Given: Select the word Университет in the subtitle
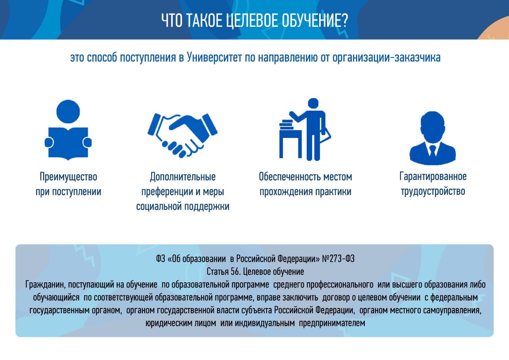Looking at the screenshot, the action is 214,57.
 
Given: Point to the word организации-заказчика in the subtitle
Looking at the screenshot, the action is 387,58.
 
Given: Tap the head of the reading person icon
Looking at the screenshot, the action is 68,112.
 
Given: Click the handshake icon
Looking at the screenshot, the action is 182,135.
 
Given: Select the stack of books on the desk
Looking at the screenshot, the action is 286,125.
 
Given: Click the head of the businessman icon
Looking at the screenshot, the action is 433,127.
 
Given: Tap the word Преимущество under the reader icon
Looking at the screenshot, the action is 68,177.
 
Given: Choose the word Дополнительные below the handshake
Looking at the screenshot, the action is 183,177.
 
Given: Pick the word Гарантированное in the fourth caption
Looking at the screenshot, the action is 433,177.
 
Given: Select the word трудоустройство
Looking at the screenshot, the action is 433,192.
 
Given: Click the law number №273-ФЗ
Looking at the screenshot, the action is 338,259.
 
